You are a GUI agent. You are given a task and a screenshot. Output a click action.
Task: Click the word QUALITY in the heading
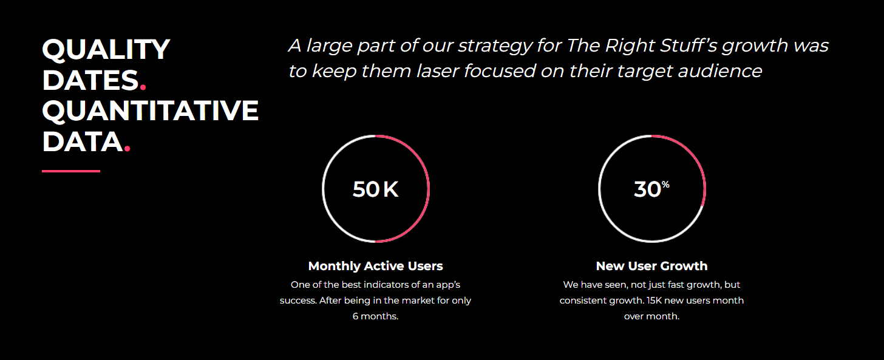click(x=106, y=50)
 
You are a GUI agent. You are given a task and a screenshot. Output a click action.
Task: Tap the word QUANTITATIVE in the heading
click(x=151, y=110)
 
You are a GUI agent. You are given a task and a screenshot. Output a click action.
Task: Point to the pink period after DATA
click(x=127, y=148)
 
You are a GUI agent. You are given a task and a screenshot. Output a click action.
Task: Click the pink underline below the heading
click(x=71, y=171)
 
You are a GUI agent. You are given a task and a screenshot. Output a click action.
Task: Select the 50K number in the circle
click(x=375, y=189)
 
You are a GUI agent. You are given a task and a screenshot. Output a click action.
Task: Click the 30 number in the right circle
click(x=647, y=189)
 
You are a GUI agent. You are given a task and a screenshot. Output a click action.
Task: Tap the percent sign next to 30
click(x=665, y=185)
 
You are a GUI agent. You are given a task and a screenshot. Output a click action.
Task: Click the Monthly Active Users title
click(x=375, y=266)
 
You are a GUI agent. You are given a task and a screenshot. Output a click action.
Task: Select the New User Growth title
click(x=651, y=266)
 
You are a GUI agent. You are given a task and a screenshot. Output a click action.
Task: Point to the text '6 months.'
click(x=375, y=316)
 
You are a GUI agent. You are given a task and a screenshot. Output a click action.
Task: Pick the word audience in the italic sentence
click(x=720, y=71)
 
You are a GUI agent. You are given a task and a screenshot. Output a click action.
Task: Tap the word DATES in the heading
click(x=90, y=81)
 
